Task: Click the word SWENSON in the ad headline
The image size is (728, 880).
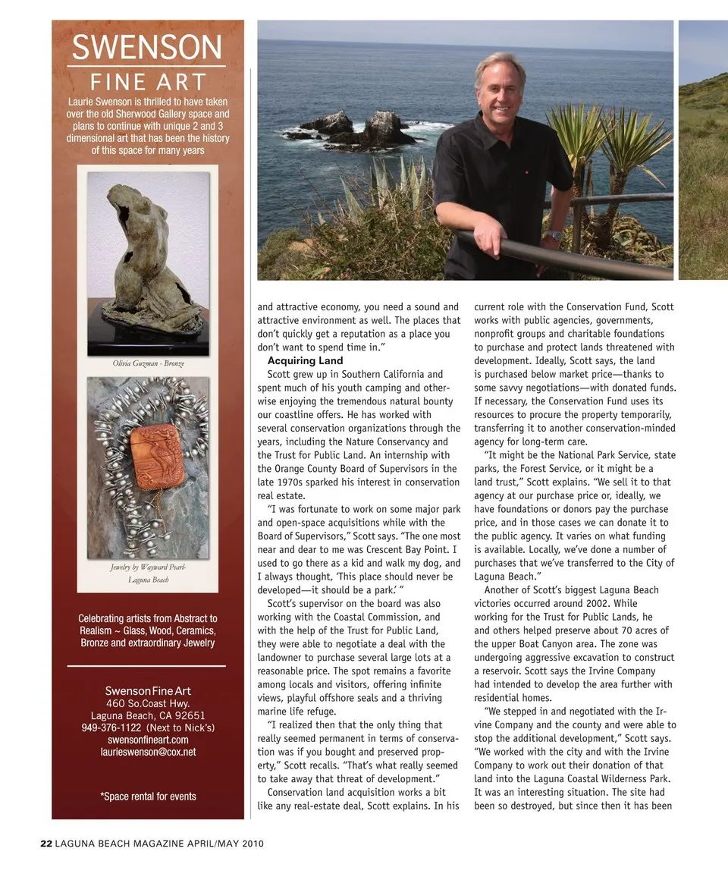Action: click(147, 49)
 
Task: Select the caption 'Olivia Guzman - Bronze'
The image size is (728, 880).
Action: click(148, 363)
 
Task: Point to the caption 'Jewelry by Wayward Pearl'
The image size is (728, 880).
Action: click(148, 567)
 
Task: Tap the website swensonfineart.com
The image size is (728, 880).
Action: click(148, 740)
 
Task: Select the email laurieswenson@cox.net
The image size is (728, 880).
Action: click(148, 752)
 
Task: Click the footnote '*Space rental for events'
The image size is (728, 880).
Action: click(148, 797)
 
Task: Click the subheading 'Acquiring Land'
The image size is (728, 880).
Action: click(305, 360)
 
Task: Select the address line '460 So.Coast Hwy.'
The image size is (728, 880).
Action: click(148, 703)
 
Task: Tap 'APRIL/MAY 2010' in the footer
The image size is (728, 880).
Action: click(225, 844)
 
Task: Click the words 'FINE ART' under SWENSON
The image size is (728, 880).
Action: click(147, 82)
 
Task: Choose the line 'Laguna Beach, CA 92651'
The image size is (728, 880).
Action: click(148, 715)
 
